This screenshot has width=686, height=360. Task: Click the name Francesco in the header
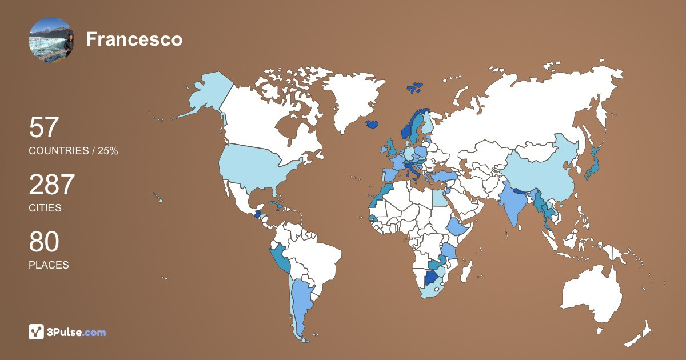click(x=134, y=39)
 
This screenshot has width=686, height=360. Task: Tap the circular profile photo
click(x=51, y=39)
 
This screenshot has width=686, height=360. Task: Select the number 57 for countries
click(x=44, y=128)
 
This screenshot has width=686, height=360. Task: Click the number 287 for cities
click(x=52, y=185)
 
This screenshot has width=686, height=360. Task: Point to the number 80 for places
click(x=44, y=242)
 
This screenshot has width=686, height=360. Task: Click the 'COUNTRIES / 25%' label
click(x=73, y=151)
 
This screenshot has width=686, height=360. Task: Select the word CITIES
click(x=45, y=208)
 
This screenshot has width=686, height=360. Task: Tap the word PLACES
click(x=49, y=265)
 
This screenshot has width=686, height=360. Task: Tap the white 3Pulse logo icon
click(x=37, y=332)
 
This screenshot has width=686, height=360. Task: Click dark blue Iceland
click(x=372, y=123)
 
